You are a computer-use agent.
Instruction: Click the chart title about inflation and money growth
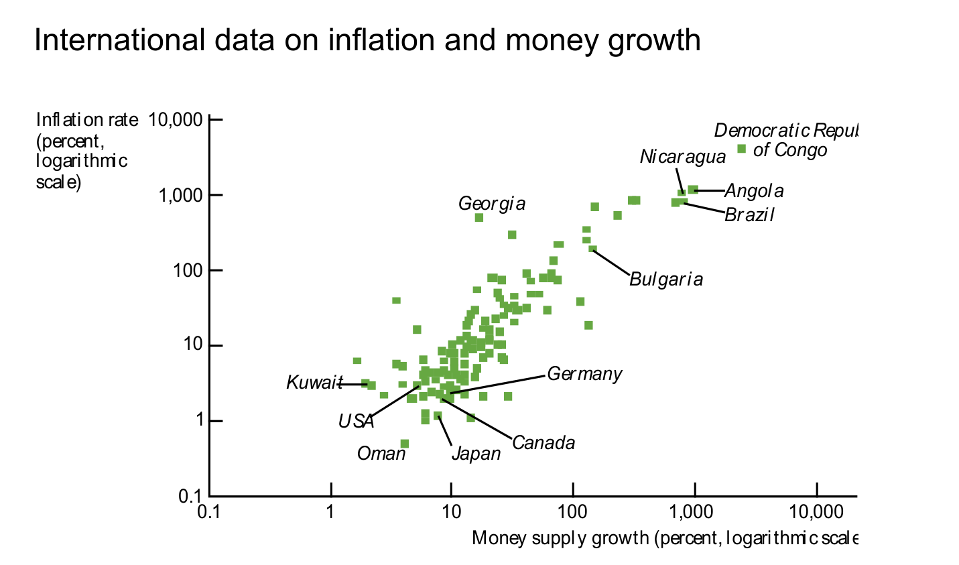pos(367,40)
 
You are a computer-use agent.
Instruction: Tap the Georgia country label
pos(492,203)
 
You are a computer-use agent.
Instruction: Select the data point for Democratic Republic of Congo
pos(742,149)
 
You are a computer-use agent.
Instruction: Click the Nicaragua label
pos(682,157)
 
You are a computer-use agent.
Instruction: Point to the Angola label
pos(754,191)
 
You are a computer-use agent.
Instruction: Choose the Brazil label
pos(749,215)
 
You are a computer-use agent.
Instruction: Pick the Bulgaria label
pos(666,279)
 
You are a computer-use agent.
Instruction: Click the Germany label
pos(584,374)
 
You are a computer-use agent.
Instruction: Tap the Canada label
pos(544,443)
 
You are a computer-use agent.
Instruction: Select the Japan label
pos(476,454)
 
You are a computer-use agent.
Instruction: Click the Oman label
pos(381,454)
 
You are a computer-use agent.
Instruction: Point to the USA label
pos(356,422)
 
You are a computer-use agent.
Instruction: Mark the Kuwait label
pos(314,383)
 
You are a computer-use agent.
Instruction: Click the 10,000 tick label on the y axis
pos(175,120)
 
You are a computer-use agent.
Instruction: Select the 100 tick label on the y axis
pos(186,271)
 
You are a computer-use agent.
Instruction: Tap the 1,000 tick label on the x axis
pos(695,513)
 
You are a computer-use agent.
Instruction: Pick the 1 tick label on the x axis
pos(330,513)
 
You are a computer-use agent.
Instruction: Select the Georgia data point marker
pos(479,218)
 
